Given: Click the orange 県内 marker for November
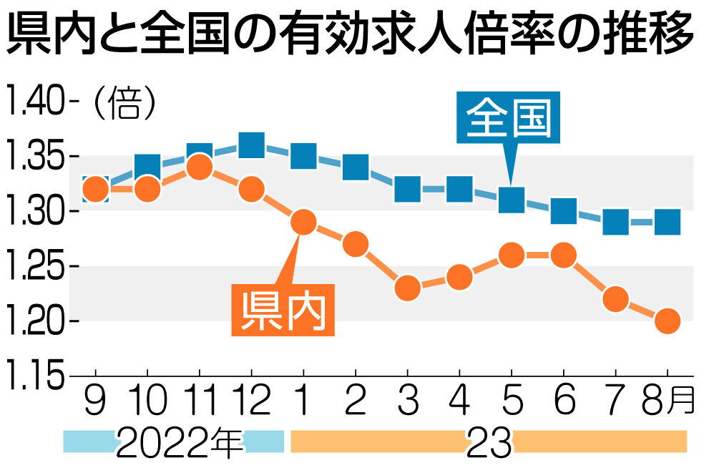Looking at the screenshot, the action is [200, 167].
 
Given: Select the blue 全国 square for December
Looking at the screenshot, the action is [251, 145].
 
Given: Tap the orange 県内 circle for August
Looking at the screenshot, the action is [668, 321].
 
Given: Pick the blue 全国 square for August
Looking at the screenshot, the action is [668, 223].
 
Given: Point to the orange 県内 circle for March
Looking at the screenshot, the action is [408, 288].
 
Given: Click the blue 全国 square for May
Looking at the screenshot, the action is [512, 200].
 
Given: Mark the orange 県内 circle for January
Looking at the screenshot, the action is [303, 222].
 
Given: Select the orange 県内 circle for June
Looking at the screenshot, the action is [564, 255].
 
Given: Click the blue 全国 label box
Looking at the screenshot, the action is [508, 117].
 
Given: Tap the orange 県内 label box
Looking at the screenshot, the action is [283, 310].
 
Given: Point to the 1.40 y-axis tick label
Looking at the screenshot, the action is [34, 102].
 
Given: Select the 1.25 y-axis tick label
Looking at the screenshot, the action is [34, 266].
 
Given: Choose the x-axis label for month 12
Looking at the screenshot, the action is [251, 400].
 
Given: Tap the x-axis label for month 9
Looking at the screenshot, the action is [95, 400].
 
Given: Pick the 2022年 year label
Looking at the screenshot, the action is [179, 442].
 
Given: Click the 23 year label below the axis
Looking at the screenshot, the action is [489, 442].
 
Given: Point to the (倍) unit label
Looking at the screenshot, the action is [124, 103].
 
